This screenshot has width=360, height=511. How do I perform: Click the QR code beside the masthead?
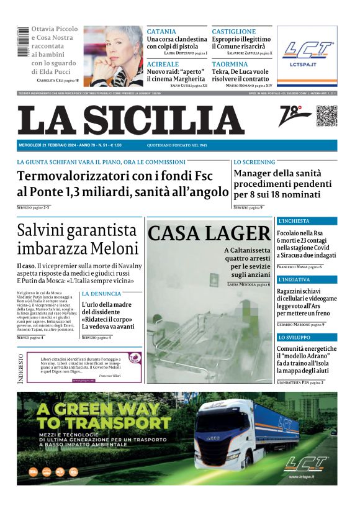coord(326,116)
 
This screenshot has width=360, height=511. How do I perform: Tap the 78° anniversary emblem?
coord(294,116)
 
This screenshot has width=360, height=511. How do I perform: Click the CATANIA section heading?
coord(161,32)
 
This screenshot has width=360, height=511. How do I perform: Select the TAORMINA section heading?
coord(230,64)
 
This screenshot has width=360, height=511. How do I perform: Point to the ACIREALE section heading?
coord(162,64)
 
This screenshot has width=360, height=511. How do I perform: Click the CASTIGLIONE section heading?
coord(233,32)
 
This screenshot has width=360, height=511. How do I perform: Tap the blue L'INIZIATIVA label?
coord(295,279)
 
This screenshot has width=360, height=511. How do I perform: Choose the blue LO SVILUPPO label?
coord(294,337)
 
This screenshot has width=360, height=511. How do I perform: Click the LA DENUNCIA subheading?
coord(102,293)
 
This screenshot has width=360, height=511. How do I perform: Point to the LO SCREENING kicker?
coord(254,162)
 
